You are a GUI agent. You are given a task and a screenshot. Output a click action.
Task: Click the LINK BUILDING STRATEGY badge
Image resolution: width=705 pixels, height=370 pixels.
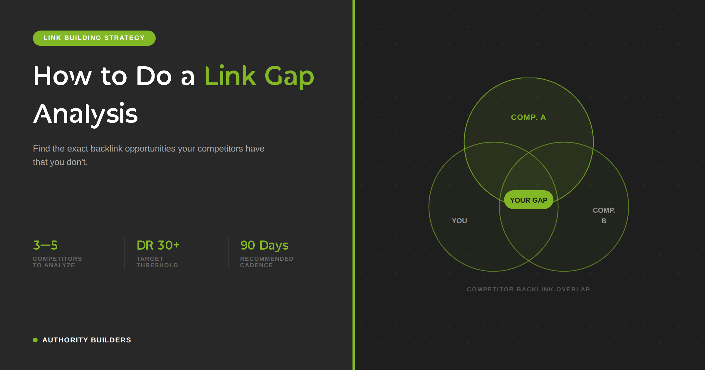tap(94, 38)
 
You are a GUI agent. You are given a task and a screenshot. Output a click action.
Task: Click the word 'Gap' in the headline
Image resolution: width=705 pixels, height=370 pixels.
tap(289, 77)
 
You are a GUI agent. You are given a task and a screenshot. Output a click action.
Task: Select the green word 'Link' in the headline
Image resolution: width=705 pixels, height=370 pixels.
tap(230, 76)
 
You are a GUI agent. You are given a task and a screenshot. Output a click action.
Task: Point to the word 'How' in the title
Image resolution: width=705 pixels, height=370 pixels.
tap(63, 76)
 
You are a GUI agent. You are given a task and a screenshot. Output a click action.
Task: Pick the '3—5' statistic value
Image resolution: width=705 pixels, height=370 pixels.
tap(45, 245)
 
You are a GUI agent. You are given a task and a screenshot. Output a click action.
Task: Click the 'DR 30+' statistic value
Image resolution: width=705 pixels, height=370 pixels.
tap(158, 245)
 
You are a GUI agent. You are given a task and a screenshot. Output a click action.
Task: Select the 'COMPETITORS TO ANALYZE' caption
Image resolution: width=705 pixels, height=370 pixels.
tap(57, 262)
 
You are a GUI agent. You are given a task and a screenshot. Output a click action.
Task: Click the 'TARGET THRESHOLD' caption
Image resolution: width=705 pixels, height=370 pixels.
tap(157, 262)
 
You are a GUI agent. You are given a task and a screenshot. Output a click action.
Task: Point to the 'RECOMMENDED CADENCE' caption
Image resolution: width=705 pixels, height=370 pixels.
tap(267, 262)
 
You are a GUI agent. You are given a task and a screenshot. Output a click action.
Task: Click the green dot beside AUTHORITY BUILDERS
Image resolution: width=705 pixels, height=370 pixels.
tap(35, 340)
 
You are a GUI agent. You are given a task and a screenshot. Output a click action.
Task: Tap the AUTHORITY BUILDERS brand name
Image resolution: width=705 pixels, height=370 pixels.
tap(87, 340)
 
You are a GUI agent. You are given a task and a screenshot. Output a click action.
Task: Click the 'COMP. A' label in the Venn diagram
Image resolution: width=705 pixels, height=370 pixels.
tap(528, 117)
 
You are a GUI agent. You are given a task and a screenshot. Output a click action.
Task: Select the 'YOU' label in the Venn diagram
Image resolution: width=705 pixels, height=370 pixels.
tap(459, 221)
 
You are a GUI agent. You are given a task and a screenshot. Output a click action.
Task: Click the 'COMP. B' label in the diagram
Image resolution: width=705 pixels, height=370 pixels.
tap(604, 216)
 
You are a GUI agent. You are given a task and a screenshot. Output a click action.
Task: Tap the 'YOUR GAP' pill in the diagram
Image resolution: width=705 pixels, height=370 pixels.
tap(529, 200)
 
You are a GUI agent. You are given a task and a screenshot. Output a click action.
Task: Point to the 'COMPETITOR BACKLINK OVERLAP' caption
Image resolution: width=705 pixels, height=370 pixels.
tap(529, 289)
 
